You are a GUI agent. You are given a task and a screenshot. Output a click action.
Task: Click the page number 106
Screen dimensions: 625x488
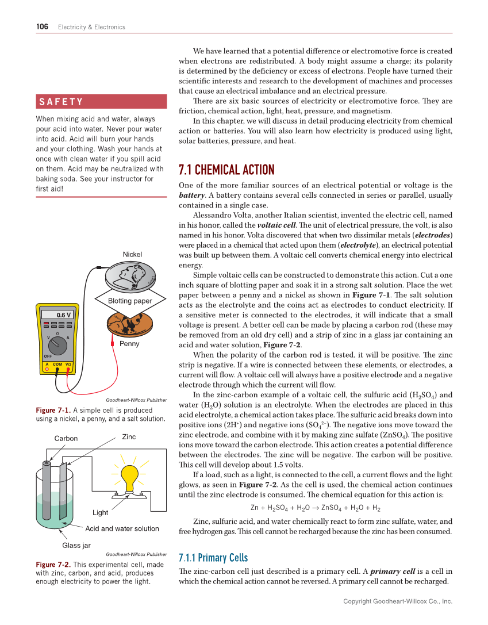click(43, 26)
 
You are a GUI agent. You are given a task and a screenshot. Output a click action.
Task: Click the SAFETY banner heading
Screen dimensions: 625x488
click(61, 102)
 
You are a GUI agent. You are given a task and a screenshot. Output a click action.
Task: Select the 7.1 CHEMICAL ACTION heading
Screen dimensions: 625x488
click(226, 170)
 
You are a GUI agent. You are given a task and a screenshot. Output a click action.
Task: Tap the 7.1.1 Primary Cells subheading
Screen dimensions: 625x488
click(213, 558)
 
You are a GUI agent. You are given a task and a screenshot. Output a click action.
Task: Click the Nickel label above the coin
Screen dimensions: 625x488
click(132, 255)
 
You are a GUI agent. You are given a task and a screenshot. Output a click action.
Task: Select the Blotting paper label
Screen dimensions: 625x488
click(130, 301)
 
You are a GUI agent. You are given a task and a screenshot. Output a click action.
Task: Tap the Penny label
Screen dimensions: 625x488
click(129, 344)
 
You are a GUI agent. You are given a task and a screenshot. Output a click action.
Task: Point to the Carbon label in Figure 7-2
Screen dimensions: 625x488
click(66, 439)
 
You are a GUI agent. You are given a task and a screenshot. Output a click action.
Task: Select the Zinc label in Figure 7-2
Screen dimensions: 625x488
click(129, 437)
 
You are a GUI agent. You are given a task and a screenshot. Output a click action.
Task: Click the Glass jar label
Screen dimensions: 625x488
click(76, 545)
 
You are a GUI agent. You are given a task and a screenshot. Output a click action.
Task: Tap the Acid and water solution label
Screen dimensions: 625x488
click(122, 528)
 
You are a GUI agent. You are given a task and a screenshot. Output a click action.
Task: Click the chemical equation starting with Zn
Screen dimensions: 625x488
click(315, 508)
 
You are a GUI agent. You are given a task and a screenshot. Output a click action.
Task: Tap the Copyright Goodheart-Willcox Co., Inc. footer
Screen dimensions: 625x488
click(398, 601)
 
